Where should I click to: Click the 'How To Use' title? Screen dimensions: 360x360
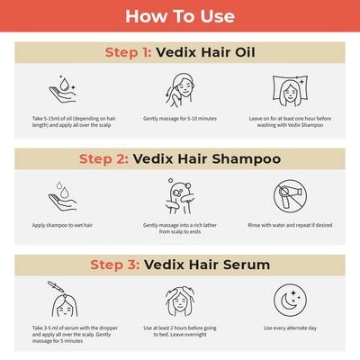click(180, 16)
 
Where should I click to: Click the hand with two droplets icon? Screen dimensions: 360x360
click(63, 195)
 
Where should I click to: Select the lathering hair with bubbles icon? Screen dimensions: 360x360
click(180, 195)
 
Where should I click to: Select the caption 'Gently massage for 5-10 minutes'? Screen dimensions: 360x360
click(180, 119)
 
